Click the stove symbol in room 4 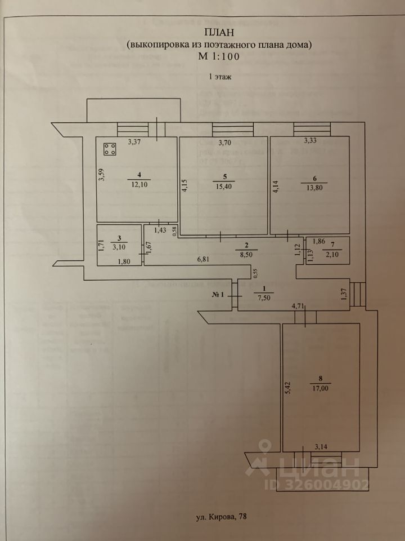110,149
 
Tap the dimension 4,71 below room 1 298,307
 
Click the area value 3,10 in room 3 120,247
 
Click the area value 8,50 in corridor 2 246,254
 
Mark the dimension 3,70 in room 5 225,142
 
